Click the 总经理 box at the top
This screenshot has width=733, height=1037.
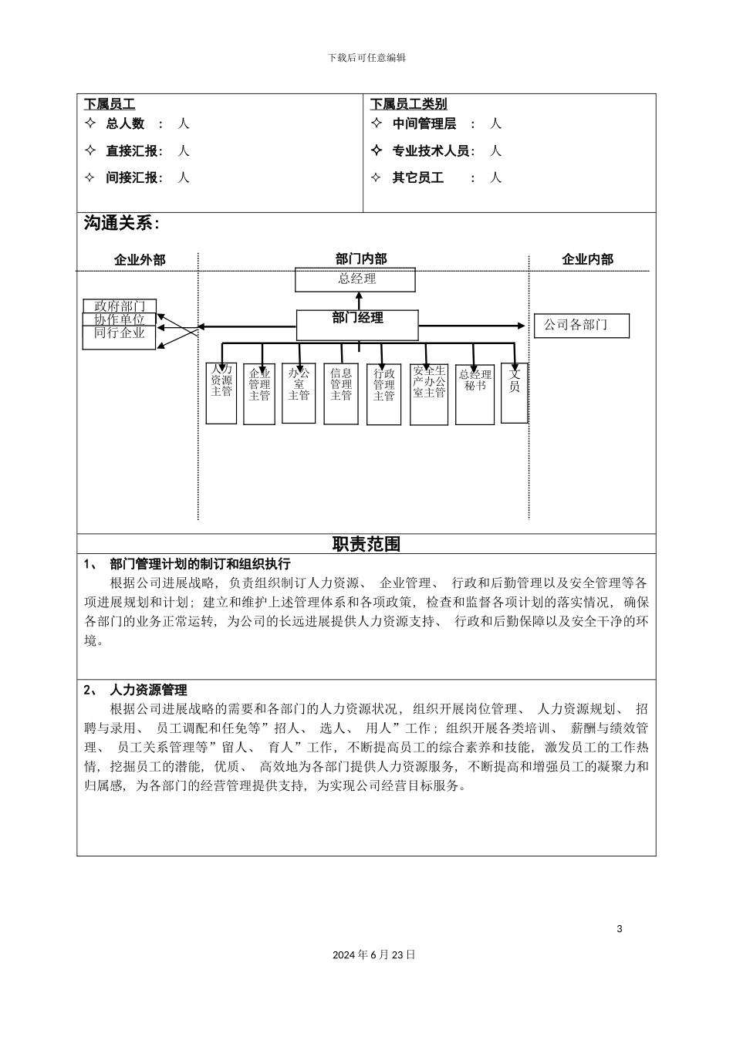(x=356, y=279)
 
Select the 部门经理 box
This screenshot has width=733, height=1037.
(x=357, y=325)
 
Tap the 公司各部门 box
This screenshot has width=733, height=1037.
(x=581, y=326)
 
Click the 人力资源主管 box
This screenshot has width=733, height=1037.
(x=221, y=393)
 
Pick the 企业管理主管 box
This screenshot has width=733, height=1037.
(x=259, y=394)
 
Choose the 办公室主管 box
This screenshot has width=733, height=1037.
(x=299, y=393)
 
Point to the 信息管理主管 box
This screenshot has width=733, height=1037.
(x=341, y=394)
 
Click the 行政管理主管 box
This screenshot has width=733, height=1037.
(x=383, y=394)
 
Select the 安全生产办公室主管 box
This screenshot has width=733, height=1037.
(x=429, y=394)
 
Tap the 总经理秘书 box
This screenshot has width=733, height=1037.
(x=475, y=394)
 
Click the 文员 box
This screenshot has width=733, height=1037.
(x=515, y=393)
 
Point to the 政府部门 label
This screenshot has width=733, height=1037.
(x=120, y=306)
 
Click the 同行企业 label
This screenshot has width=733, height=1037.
(x=120, y=333)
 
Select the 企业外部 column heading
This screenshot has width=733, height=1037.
(x=140, y=260)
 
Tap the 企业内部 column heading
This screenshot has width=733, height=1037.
(x=587, y=260)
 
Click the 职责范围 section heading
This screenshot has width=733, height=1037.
(x=366, y=544)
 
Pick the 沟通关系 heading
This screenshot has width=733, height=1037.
(x=122, y=224)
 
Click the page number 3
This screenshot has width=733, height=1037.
(x=619, y=929)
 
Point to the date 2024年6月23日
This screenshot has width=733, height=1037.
(x=374, y=954)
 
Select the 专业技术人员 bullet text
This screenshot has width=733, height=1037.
(x=431, y=151)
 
